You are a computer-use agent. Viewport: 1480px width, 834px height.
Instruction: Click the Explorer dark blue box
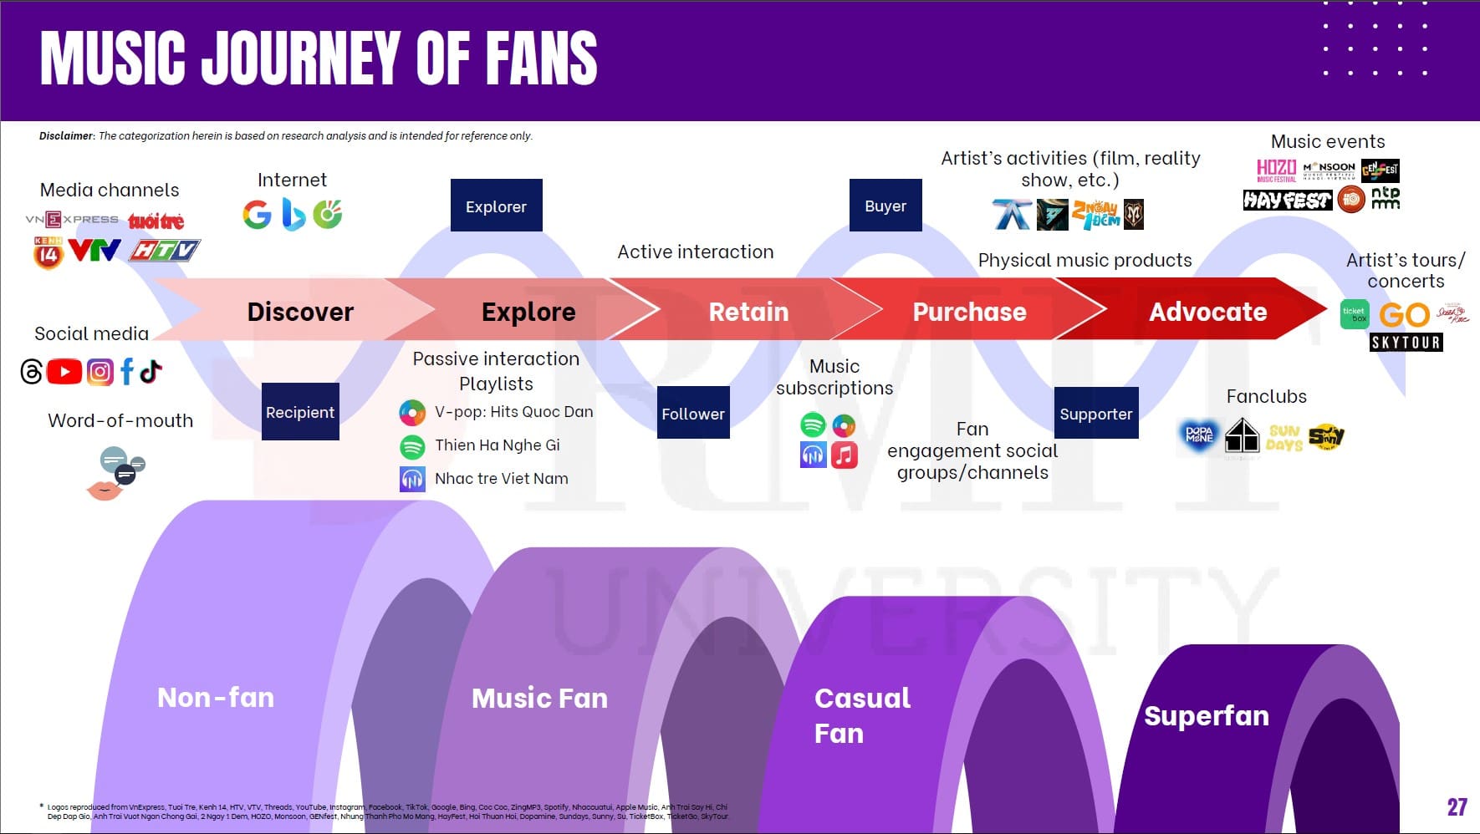pos(496,206)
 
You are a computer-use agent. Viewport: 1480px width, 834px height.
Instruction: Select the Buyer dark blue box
pos(885,206)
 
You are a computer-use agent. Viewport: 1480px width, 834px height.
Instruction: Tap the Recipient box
pos(300,412)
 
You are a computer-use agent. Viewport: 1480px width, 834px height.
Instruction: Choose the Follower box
pos(693,413)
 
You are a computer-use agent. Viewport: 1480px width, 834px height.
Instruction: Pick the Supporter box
pos(1095,413)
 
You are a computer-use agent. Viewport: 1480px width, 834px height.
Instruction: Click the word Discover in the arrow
pos(300,312)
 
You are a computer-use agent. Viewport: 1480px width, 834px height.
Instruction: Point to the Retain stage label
pos(748,312)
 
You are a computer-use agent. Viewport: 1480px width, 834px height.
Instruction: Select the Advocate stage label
pos(1207,312)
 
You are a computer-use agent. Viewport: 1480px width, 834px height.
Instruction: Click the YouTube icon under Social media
pos(64,372)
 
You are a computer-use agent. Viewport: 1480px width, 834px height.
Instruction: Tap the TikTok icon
pos(151,370)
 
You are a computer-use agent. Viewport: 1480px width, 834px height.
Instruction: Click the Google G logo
pos(257,215)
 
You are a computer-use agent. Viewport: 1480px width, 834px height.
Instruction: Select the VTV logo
pos(94,250)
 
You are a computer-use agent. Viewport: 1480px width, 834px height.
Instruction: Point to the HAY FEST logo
pos(1287,200)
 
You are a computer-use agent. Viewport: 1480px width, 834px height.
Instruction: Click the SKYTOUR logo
pos(1406,342)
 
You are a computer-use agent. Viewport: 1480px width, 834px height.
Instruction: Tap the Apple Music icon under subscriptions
pos(844,455)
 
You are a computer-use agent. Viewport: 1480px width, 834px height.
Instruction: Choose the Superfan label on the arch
pos(1206,715)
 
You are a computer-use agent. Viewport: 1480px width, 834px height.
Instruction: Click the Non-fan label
pos(216,697)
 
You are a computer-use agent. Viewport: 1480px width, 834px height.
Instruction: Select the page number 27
pos(1457,806)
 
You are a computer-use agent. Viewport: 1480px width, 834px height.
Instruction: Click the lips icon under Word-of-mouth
pos(104,490)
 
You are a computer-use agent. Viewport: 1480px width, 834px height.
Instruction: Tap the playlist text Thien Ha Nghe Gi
pos(497,445)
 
